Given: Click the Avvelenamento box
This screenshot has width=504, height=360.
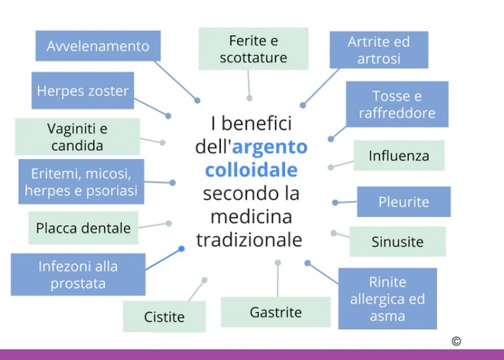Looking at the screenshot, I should click(98, 46).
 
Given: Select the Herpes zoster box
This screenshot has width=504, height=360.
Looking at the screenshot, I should click(82, 91).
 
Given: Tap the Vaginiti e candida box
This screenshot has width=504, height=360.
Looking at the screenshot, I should click(77, 136).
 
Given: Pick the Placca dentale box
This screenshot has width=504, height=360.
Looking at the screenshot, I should click(83, 228).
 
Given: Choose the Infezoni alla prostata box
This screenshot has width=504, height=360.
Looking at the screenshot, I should click(77, 274).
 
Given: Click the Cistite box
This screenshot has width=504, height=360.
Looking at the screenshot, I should click(164, 316).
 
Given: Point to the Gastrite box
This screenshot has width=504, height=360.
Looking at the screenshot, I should click(276, 312).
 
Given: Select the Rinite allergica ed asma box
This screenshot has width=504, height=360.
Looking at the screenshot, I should click(387, 299).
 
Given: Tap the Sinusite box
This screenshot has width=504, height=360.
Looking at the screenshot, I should click(397, 241).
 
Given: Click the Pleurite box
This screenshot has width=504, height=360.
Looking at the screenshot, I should click(403, 202).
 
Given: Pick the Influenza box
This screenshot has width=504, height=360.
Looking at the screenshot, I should click(398, 156).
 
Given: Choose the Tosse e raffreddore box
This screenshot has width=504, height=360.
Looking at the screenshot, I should click(396, 104).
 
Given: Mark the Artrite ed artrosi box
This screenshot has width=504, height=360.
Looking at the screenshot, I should click(378, 50).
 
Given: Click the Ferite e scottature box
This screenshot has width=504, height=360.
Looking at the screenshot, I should click(253, 49).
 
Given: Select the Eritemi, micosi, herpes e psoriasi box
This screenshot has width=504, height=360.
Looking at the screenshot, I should click(81, 181).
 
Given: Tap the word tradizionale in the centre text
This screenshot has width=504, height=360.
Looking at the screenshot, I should click(249, 240).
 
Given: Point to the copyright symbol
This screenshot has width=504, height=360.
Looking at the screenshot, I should click(456, 341).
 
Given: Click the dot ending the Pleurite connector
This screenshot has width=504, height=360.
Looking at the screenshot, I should click(335, 202).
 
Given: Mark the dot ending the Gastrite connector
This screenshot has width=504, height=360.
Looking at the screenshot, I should click(278, 262).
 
